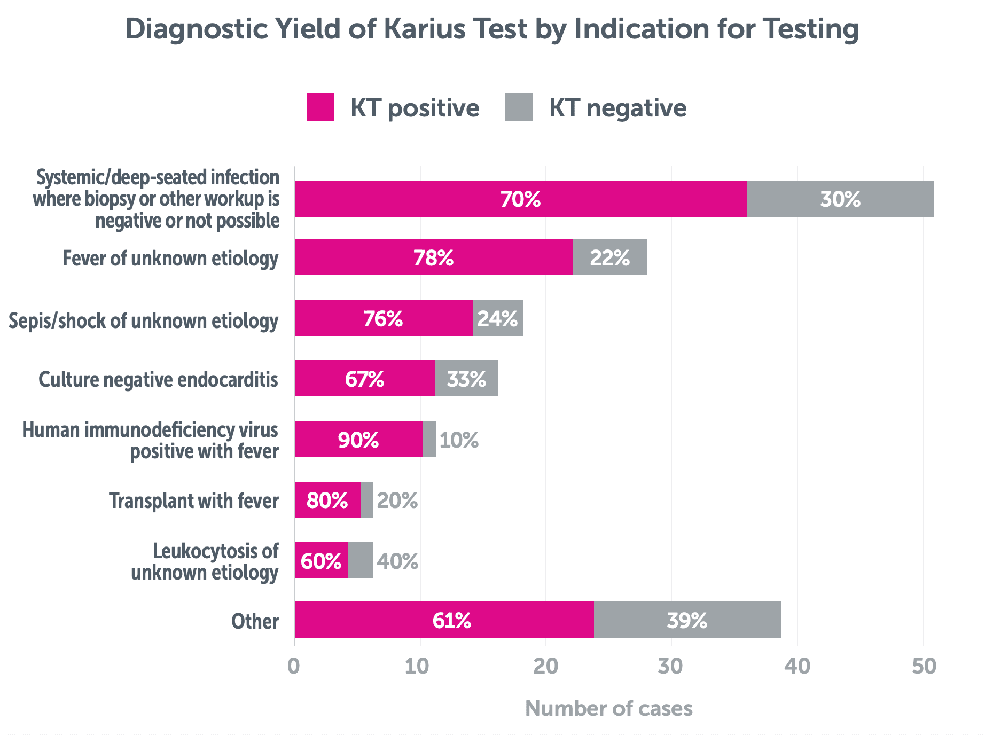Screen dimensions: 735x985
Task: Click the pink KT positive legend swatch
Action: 320,107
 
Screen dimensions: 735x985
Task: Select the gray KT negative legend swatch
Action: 519,107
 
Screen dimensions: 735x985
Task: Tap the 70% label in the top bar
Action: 520,199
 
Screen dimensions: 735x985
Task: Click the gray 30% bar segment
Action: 840,199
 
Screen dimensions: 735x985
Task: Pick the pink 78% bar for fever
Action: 433,257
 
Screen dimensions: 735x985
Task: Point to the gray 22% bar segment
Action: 609,257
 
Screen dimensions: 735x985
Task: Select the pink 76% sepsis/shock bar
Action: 383,318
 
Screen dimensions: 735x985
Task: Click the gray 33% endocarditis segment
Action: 466,379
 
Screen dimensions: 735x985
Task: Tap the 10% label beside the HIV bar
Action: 459,440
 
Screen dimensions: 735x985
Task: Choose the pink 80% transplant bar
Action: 327,501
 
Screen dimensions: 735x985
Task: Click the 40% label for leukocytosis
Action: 397,561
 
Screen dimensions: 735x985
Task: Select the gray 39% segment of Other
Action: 687,620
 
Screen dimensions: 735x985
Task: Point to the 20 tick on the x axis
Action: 545,667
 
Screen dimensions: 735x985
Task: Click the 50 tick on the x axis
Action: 924,667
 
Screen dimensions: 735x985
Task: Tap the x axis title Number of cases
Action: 608,709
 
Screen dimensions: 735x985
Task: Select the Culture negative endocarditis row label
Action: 158,379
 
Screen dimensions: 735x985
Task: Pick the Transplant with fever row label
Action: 194,501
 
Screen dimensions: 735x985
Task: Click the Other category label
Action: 255,622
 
